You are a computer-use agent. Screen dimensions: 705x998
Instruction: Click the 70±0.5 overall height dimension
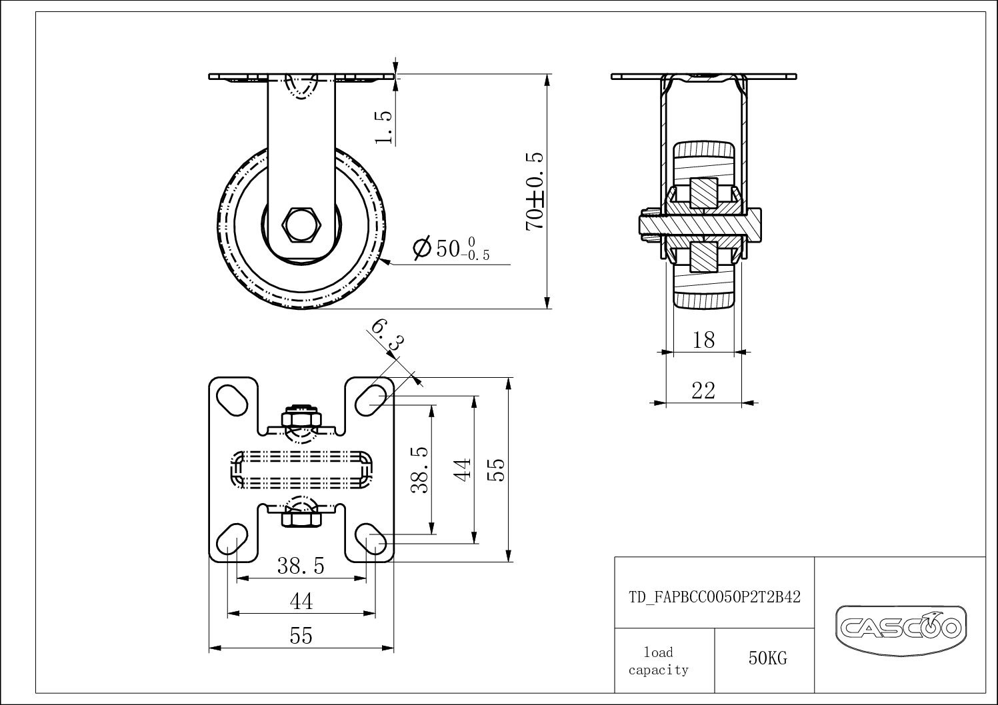click(535, 191)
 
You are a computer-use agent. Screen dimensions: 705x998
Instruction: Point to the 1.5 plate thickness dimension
click(384, 126)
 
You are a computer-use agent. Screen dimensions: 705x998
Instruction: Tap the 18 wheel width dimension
click(703, 340)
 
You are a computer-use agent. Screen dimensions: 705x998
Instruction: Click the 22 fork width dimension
click(703, 390)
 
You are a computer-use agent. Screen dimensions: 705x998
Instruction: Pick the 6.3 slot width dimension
click(387, 335)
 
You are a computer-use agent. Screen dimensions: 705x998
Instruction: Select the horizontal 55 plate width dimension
click(301, 636)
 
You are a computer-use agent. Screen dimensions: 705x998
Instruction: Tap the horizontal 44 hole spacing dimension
click(301, 602)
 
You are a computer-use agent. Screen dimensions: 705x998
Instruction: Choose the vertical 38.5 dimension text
click(419, 469)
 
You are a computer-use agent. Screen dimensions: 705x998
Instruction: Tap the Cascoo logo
click(901, 627)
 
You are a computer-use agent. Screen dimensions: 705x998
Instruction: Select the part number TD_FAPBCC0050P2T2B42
click(715, 597)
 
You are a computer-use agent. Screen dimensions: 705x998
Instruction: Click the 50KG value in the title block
click(767, 658)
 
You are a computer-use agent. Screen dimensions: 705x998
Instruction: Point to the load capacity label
click(659, 661)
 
